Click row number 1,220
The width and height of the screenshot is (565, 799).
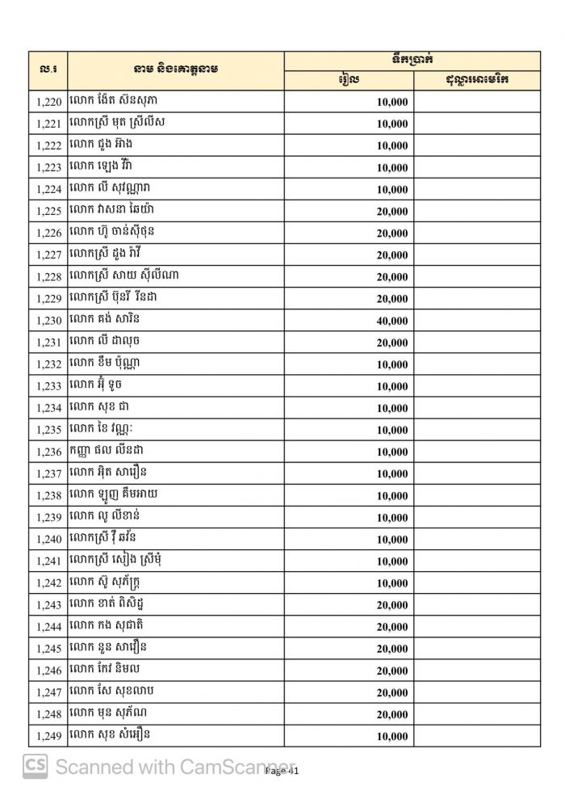(x=48, y=103)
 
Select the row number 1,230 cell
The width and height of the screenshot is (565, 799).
(x=48, y=321)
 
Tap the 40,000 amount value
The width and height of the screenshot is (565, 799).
(x=392, y=321)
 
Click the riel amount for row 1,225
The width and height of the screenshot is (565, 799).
(x=392, y=212)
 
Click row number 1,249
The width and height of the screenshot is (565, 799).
(x=48, y=736)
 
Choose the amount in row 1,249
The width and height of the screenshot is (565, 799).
(x=392, y=736)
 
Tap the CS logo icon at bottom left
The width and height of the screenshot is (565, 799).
(x=35, y=766)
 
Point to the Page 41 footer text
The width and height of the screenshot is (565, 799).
(x=282, y=772)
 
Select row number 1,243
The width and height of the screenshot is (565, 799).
(x=48, y=605)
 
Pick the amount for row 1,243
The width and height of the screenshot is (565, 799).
(x=392, y=605)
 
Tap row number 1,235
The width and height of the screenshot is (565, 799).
(x=48, y=430)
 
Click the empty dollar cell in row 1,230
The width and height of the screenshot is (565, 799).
(x=477, y=321)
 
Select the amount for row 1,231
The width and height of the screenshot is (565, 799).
(x=392, y=343)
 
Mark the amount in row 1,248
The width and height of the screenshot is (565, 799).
(x=392, y=714)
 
